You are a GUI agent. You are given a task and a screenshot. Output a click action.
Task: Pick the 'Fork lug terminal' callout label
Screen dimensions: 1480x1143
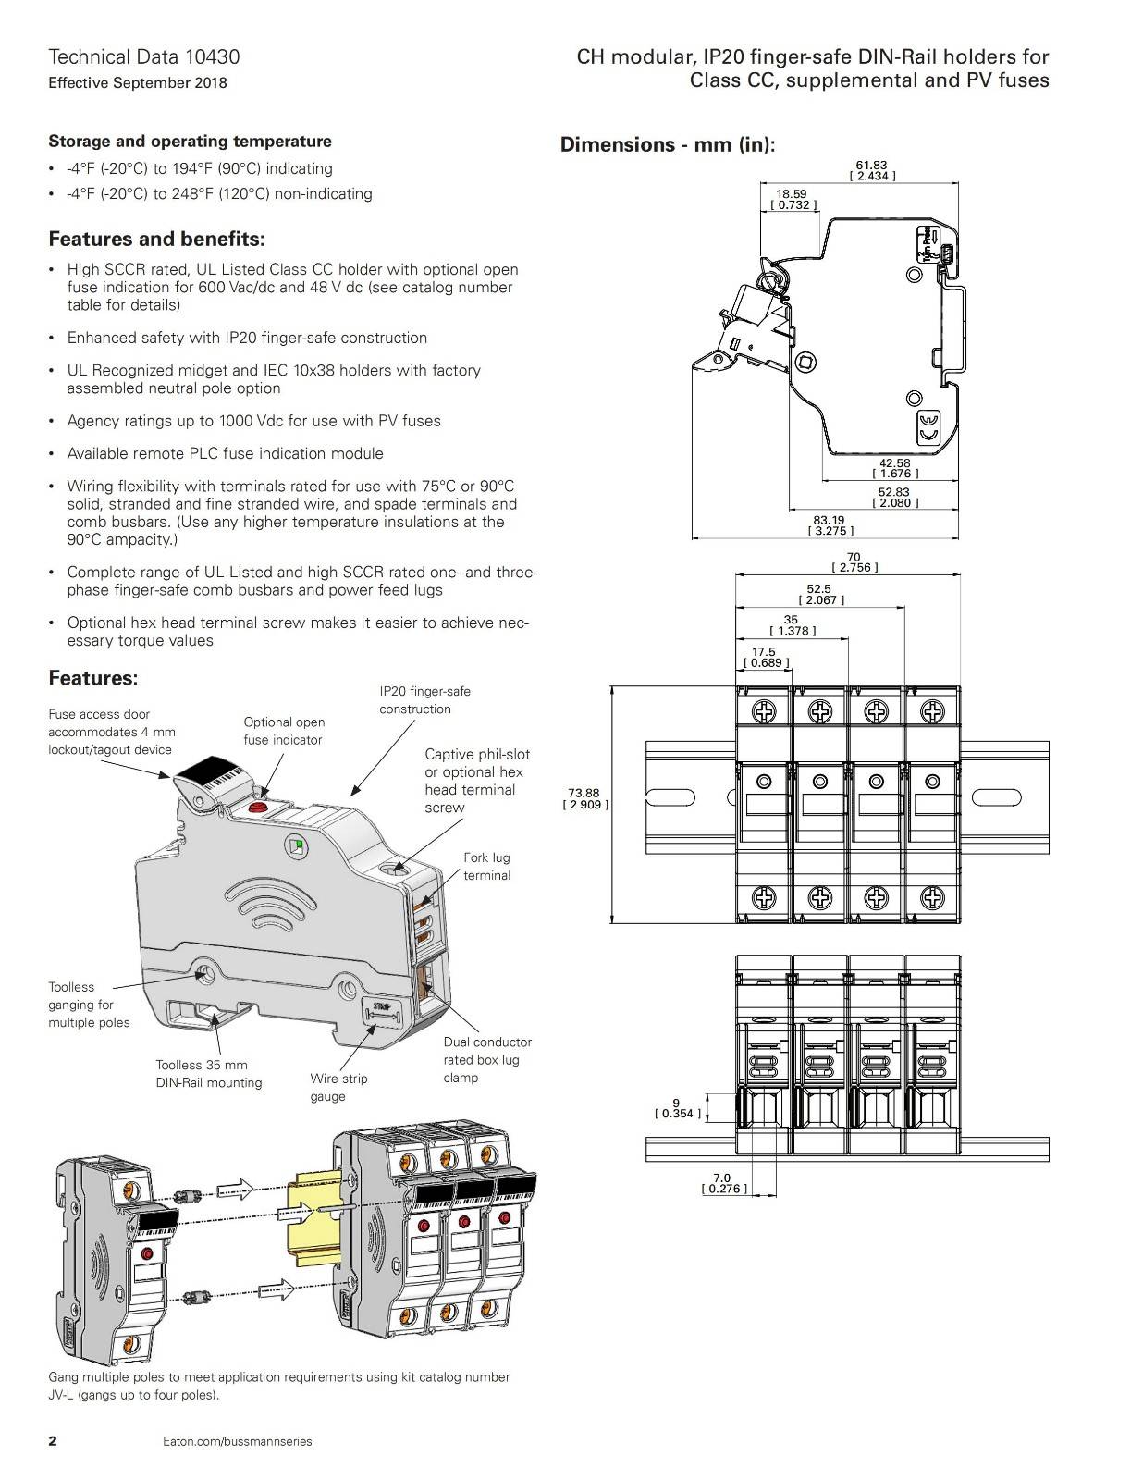click(x=486, y=867)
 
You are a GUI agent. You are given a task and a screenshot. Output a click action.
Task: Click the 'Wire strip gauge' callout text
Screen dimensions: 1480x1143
click(x=338, y=1087)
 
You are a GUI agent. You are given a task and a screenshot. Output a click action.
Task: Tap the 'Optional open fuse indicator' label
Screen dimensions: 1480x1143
click(x=284, y=731)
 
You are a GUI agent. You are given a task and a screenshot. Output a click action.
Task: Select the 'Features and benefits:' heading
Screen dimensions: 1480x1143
click(x=156, y=240)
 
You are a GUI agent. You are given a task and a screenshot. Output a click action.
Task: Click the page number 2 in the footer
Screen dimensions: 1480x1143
click(x=53, y=1440)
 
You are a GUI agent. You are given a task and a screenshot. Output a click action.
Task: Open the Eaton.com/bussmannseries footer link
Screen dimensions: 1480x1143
click(x=237, y=1441)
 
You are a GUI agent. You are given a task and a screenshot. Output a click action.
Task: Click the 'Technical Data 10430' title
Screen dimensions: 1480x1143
click(x=143, y=56)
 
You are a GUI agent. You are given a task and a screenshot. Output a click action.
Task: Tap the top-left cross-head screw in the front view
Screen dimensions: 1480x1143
click(x=764, y=711)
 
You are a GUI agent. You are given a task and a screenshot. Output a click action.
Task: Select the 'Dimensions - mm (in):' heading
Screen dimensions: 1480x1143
click(x=668, y=144)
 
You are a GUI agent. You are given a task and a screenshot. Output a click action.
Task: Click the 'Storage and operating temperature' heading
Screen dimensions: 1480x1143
click(x=190, y=142)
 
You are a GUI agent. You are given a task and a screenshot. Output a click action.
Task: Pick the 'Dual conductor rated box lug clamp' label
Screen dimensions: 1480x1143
click(x=487, y=1059)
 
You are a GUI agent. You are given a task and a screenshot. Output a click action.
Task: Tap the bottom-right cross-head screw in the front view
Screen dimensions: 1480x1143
click(x=932, y=896)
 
